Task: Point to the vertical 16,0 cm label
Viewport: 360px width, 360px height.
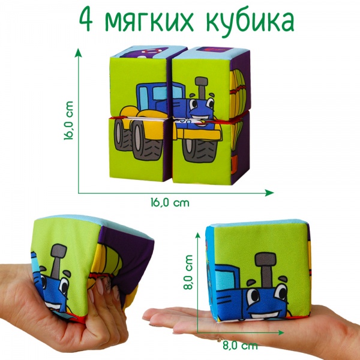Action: tap(70, 121)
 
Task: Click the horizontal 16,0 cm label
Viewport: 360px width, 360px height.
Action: tap(169, 203)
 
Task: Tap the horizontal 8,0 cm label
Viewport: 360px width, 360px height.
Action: tap(241, 346)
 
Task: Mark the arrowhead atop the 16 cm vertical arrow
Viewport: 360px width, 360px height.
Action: tap(78, 53)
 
